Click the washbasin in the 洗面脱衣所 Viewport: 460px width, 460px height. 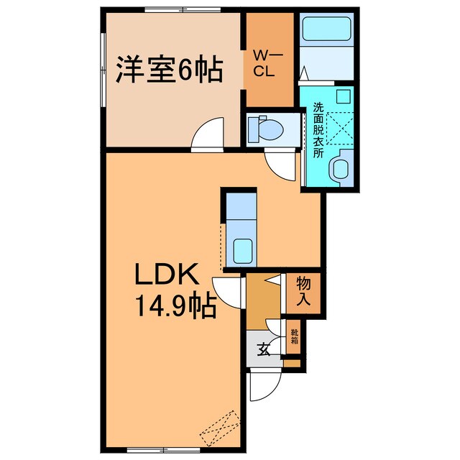pyautogui.click(x=339, y=170)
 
